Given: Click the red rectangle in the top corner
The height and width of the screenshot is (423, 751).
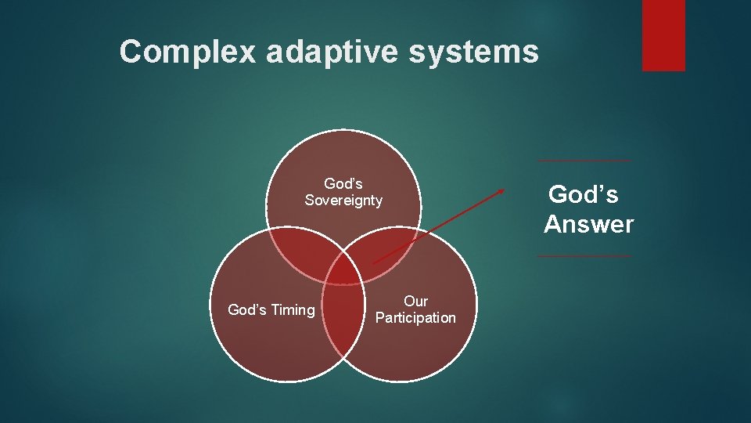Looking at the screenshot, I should coord(663,35).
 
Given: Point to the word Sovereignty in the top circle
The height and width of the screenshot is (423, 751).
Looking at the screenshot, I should coord(343,201).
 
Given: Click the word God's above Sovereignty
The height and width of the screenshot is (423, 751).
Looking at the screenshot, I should coord(343,184).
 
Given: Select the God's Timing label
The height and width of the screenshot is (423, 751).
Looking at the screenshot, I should coord(271,310).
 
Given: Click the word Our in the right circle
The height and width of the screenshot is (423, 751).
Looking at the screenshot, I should coord(415,302).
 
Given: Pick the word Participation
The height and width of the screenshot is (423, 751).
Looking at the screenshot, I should coord(415,318).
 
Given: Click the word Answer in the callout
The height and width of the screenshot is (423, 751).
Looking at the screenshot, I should coord(589,225).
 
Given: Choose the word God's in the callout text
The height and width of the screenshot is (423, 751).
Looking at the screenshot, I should coord(584,193).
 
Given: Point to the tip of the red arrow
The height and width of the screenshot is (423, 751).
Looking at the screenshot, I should coord(505,189).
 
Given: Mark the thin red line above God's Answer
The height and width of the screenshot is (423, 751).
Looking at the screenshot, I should coord(584,161).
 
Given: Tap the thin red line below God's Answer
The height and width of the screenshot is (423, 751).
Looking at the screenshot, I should coord(584,256).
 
